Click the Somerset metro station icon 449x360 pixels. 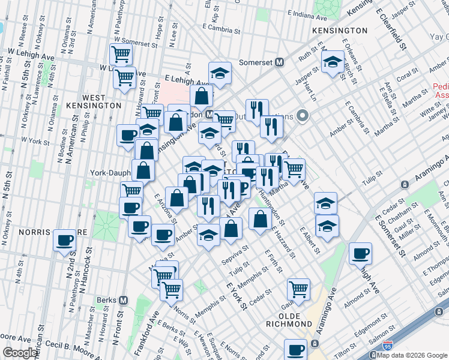tap(279, 62)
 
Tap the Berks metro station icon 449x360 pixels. tap(124, 300)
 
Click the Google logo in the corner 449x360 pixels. tap(19, 353)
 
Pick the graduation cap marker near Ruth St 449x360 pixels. tap(332, 61)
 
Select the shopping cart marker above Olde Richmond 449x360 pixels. tap(298, 289)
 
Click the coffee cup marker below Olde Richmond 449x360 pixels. tap(295, 350)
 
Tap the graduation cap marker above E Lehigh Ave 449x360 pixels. tap(220, 73)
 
